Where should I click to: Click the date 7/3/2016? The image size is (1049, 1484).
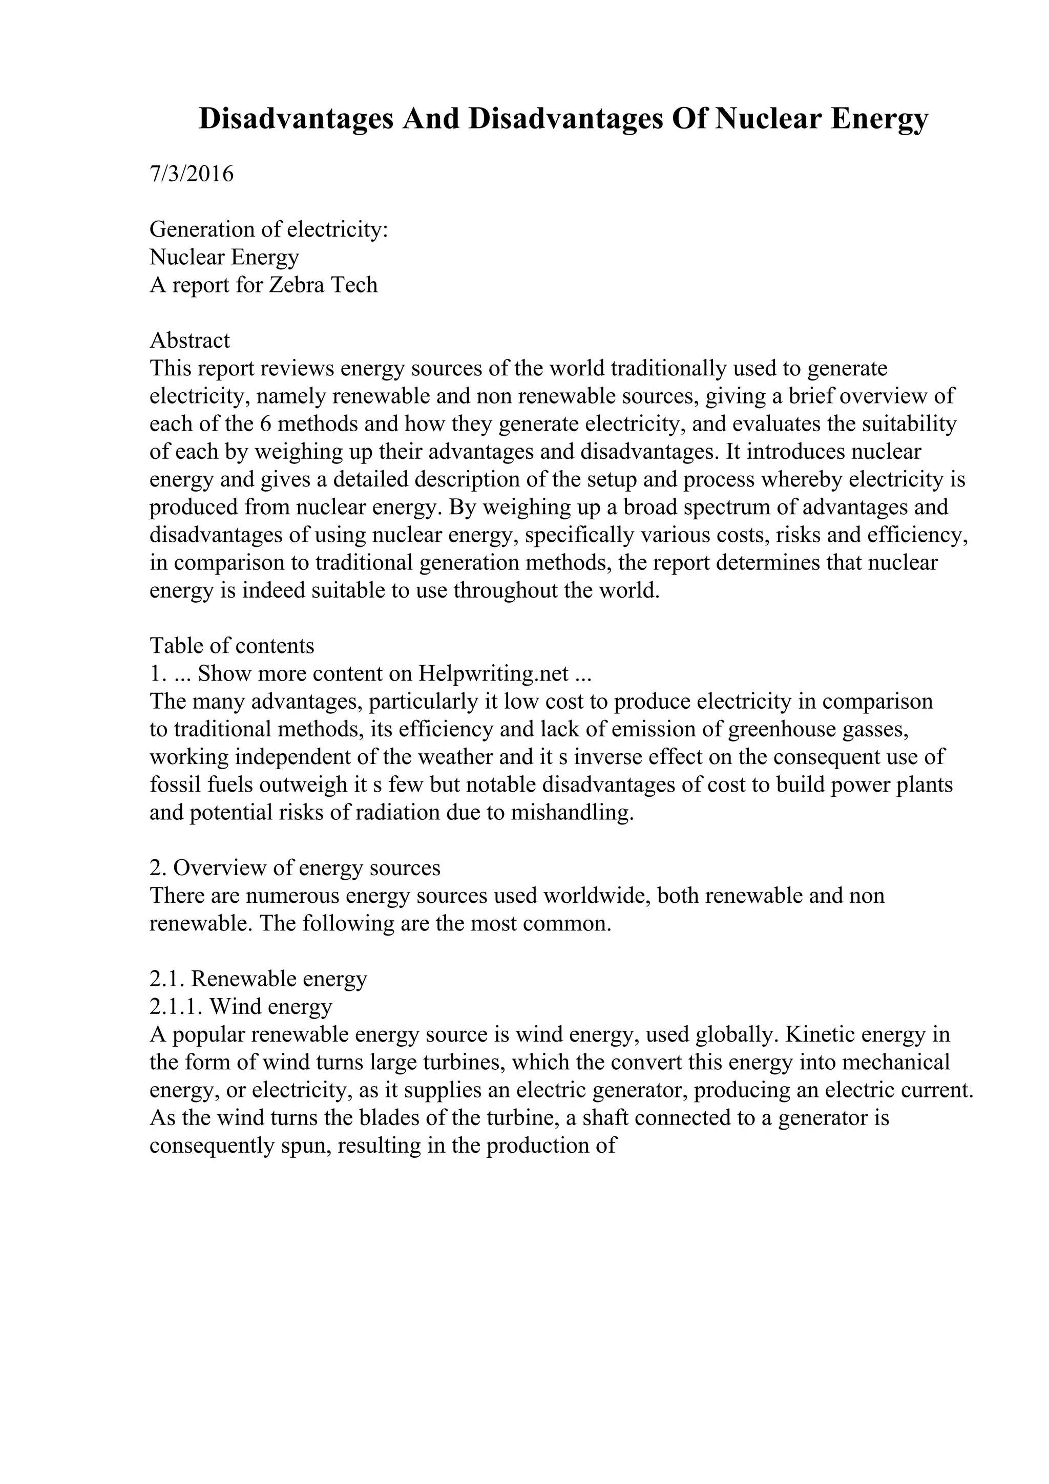coord(192,174)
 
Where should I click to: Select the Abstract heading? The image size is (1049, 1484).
coord(190,341)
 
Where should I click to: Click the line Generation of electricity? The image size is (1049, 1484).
coord(268,229)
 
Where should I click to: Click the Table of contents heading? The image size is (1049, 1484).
coord(232,646)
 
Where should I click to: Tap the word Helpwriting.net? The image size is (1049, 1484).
coord(494,673)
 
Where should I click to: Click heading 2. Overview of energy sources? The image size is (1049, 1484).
coord(295,868)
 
